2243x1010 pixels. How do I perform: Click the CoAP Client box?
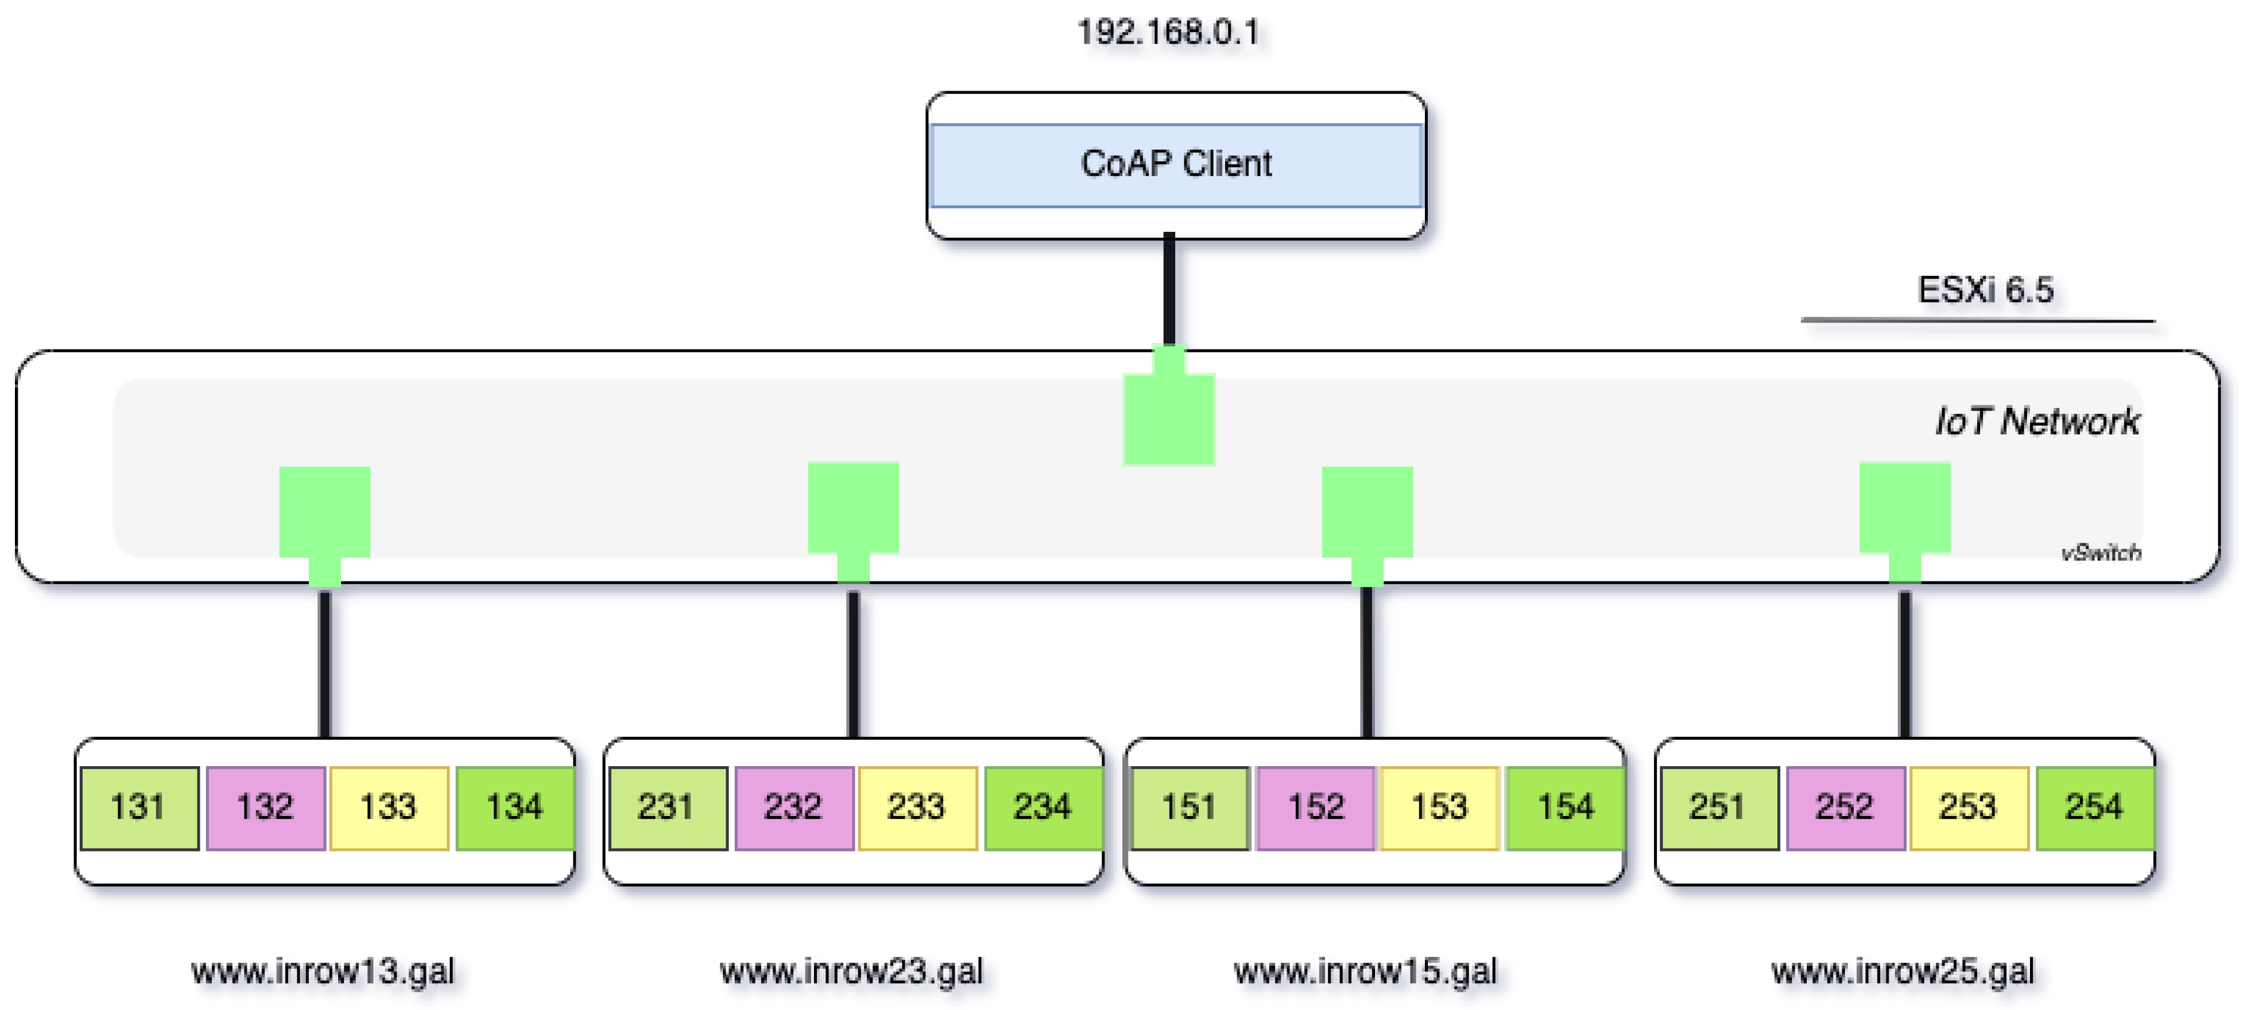pos(1176,165)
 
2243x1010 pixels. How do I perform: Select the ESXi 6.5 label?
pos(1985,290)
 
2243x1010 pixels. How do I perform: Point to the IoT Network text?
pos(2036,421)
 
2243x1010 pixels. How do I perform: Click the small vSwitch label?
pos(2100,552)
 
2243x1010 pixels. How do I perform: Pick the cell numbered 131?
pos(138,807)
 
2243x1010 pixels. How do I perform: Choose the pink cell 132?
pos(266,807)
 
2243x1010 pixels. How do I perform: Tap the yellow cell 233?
pos(916,807)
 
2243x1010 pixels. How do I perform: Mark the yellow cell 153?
pos(1439,807)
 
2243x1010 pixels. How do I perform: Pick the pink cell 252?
pos(1844,807)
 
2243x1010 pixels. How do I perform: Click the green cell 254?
pos(2094,807)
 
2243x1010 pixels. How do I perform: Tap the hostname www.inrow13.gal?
pos(323,971)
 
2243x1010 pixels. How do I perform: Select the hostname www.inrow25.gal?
pos(1903,971)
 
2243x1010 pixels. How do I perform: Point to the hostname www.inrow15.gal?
pos(1365,971)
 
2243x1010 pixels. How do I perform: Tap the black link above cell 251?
pos(1904,666)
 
